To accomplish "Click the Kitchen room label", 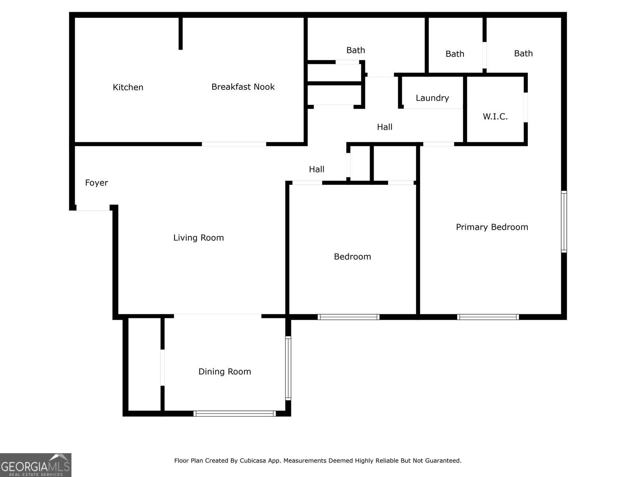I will click(x=128, y=87).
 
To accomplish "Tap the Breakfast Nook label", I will click(x=243, y=87).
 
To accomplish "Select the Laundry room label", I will click(x=432, y=98).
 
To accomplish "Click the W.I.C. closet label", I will click(x=495, y=117).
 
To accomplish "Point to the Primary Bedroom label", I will click(x=492, y=227).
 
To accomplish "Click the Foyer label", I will click(x=97, y=183).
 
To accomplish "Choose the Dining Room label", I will click(x=225, y=372).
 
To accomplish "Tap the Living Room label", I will click(x=198, y=238).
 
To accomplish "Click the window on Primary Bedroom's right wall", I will click(x=564, y=221).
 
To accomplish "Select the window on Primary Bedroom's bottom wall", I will click(x=488, y=317).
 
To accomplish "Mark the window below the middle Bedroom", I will click(x=348, y=317).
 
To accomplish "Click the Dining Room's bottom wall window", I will click(x=235, y=413).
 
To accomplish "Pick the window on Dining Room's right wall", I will click(x=288, y=368).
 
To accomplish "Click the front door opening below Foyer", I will click(x=93, y=208).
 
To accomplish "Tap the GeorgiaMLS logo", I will click(x=35, y=465).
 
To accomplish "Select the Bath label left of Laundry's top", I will click(x=355, y=50).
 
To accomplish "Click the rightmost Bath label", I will click(x=523, y=54).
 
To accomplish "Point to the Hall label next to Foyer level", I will click(x=316, y=169).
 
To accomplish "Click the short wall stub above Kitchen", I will click(x=180, y=33).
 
